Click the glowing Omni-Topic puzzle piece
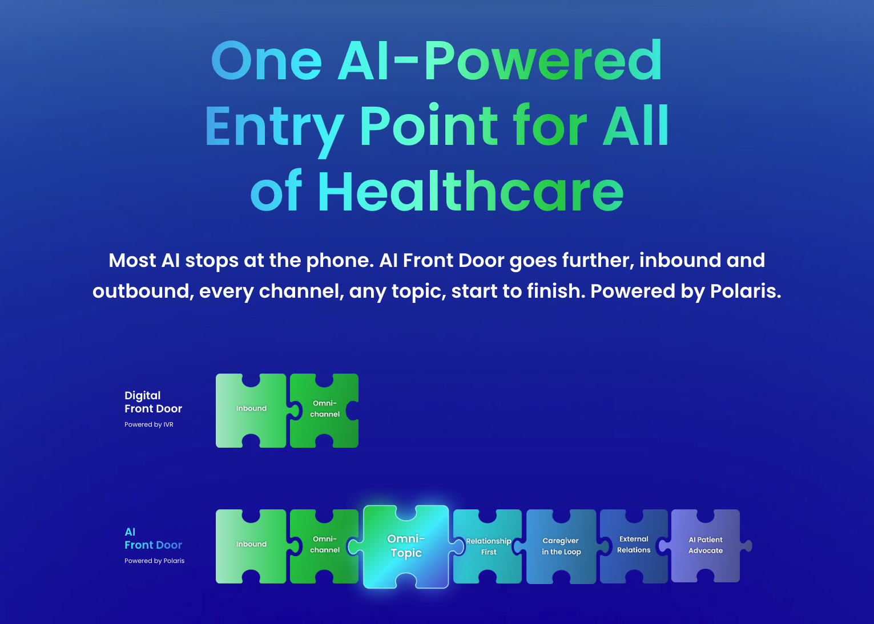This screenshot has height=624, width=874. point(406,546)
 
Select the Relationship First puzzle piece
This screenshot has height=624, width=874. point(488,546)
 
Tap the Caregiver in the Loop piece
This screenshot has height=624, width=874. point(561,546)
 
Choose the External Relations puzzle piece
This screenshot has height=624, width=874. point(634,545)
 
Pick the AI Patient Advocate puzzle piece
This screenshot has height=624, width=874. point(706,545)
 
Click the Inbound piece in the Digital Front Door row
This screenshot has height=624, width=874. point(251,408)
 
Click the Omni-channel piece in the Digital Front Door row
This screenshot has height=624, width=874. point(324,408)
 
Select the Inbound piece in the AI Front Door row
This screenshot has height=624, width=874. point(251,544)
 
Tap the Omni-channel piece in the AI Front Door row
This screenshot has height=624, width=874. point(324,544)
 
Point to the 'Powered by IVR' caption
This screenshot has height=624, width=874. point(148,424)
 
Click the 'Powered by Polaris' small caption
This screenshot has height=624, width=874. point(154,561)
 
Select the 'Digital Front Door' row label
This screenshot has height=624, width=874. point(153,402)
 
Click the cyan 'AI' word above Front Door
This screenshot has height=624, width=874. point(130,532)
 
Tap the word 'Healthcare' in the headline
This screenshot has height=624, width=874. point(470,192)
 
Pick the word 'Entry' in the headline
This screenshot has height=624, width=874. point(274,127)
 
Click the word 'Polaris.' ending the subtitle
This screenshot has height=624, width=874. point(745,291)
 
